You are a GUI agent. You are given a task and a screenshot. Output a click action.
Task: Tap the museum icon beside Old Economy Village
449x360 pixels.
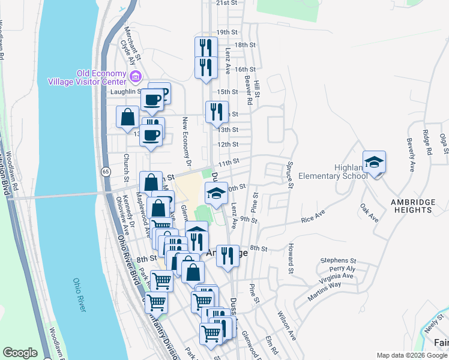[135, 76]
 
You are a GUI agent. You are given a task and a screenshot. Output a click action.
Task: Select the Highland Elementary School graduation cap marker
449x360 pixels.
[374, 162]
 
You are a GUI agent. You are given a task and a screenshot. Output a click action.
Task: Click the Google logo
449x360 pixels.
[20, 353]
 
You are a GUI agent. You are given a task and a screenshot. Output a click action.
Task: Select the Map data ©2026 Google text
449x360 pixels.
[411, 355]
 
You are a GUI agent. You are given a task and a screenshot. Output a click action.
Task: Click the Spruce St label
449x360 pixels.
[289, 174]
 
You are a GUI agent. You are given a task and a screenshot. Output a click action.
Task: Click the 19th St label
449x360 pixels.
[228, 32]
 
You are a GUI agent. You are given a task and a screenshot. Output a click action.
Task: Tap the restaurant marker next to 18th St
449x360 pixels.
[206, 47]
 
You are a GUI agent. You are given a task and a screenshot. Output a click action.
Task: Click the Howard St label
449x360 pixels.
[291, 255]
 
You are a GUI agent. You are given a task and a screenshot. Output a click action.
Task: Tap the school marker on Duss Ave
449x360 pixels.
[217, 192]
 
